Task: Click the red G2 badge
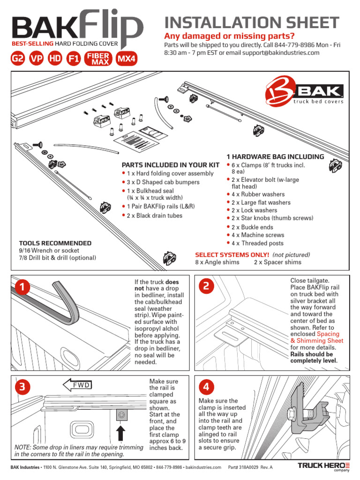click(x=17, y=59)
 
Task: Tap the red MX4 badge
click(x=127, y=59)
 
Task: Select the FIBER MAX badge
click(x=98, y=59)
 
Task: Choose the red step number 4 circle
click(x=207, y=387)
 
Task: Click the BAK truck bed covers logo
click(x=305, y=92)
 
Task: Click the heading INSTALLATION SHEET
click(x=251, y=22)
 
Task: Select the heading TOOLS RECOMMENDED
click(x=55, y=243)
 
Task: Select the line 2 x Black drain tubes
click(x=154, y=216)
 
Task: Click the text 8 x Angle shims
click(x=217, y=262)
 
